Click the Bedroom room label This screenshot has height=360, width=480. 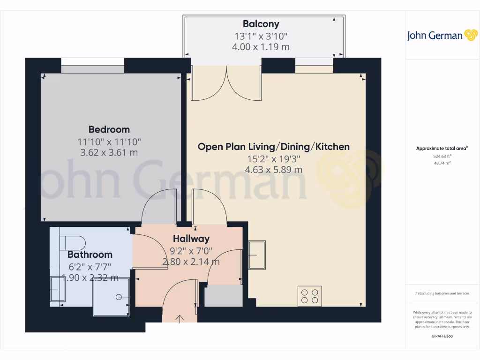point(109,129)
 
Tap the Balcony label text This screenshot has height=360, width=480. point(261,24)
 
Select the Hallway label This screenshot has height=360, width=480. point(191,239)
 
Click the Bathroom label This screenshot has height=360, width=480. point(90,255)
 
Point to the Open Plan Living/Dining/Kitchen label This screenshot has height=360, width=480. point(273,147)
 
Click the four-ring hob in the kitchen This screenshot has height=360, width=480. point(310,296)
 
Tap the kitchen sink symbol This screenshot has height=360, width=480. point(256,254)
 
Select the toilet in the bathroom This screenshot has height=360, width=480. point(73,242)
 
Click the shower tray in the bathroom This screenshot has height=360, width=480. point(111,297)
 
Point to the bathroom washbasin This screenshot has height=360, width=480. point(58,289)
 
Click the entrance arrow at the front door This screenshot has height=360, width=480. point(180,318)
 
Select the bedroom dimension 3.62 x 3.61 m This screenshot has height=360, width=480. point(109,153)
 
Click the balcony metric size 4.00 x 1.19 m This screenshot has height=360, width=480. point(261,47)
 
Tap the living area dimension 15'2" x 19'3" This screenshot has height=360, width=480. point(273,159)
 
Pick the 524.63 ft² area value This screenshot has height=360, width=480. point(441,156)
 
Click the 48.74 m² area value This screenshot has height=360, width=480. point(441,163)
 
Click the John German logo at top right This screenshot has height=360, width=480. point(442,36)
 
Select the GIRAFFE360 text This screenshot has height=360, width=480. point(442,336)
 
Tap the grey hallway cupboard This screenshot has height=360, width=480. point(223,296)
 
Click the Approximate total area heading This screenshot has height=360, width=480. point(442,149)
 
